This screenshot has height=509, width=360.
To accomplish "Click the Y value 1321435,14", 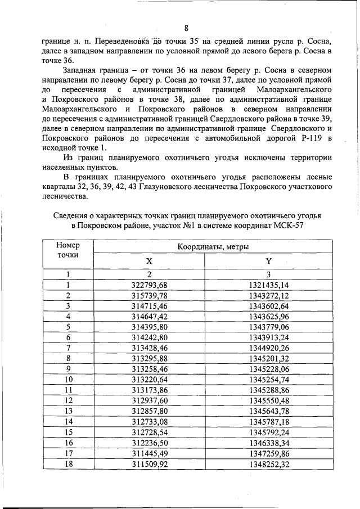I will [268, 285].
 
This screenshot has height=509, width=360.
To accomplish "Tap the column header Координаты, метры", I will [213, 247].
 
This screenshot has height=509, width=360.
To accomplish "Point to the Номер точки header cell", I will [69, 250].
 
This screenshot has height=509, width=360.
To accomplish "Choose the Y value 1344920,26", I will [268, 347].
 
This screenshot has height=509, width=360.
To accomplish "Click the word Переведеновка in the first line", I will [119, 42].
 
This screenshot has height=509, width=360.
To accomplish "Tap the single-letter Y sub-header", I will [268, 261].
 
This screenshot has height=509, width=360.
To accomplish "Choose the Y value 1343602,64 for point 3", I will [268, 306].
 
